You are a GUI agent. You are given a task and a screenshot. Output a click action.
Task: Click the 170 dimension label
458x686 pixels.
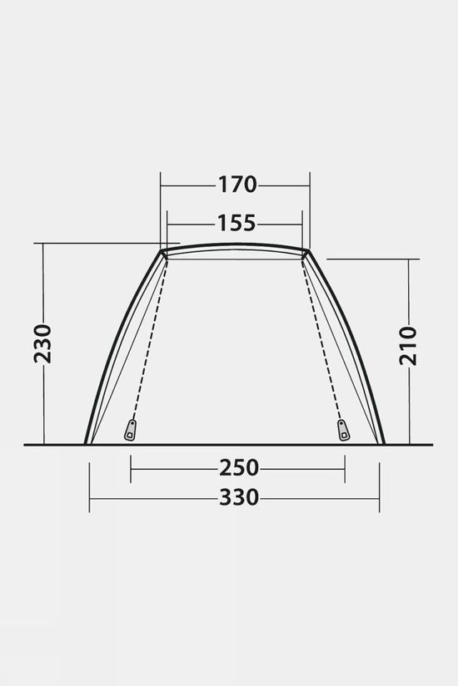pyautogui.click(x=237, y=185)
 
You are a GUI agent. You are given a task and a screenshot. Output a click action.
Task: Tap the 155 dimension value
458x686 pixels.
pyautogui.click(x=236, y=223)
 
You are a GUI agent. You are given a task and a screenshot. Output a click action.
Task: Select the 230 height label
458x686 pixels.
pyautogui.click(x=43, y=344)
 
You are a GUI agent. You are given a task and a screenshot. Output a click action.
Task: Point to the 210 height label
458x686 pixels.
pyautogui.click(x=408, y=346)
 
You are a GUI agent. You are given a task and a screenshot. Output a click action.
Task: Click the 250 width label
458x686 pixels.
pyautogui.click(x=239, y=467)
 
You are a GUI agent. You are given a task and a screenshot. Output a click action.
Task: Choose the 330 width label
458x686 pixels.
pyautogui.click(x=239, y=497)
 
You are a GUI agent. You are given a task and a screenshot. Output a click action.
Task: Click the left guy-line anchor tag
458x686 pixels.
pyautogui.click(x=130, y=430)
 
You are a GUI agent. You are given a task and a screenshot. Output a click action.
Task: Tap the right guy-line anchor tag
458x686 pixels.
pyautogui.click(x=343, y=430)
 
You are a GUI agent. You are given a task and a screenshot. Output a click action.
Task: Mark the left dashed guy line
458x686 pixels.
pyautogui.click(x=149, y=339)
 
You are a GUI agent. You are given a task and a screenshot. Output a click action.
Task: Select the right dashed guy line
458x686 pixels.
pyautogui.click(x=321, y=339)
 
